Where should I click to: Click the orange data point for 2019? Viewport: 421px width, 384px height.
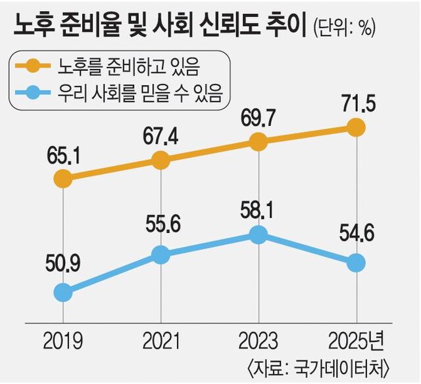[x=62, y=178]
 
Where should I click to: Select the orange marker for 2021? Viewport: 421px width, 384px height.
[x=161, y=160]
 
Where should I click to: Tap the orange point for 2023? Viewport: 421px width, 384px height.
[x=259, y=141]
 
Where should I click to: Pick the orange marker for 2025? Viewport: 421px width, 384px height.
[x=356, y=127]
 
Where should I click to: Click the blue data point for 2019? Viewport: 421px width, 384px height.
[x=62, y=291]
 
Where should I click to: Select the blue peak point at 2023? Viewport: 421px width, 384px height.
[x=259, y=234]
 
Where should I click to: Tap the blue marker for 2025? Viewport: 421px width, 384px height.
[x=356, y=262]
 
